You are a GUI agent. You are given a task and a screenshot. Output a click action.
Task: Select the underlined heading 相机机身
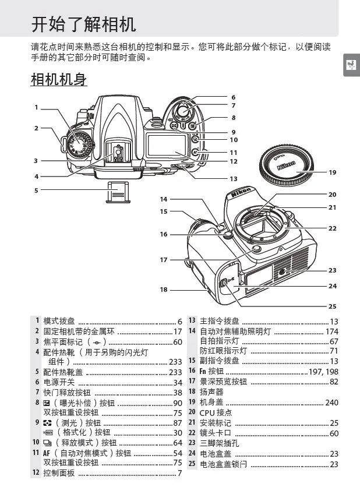[x=58, y=80]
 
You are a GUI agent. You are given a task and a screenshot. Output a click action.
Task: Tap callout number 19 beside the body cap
[x=333, y=172]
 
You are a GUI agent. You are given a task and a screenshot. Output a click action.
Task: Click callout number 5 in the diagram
[x=36, y=190]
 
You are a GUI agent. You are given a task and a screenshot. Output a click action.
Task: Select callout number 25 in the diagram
[x=332, y=306]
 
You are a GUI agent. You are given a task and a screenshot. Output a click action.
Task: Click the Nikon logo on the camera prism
[x=241, y=192]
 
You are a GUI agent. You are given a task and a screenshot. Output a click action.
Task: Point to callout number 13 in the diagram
[x=233, y=179]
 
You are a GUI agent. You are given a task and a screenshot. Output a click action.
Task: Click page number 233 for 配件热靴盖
[x=175, y=372]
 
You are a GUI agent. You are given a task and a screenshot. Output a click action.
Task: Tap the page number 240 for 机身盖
[x=331, y=403]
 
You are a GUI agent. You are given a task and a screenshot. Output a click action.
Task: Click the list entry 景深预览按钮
[x=223, y=382]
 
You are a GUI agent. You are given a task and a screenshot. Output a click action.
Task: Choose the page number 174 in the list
[x=331, y=331]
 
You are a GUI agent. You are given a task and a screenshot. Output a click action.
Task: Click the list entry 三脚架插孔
[x=219, y=443]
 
